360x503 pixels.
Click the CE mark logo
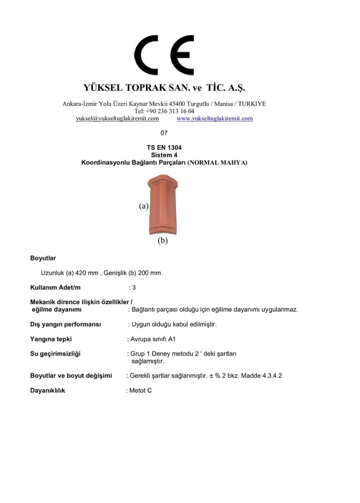click(x=164, y=56)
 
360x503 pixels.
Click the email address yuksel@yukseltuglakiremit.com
click(x=117, y=119)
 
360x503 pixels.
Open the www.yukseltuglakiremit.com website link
click(x=214, y=119)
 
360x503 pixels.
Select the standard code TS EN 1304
click(x=164, y=147)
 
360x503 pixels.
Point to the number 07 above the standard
click(x=164, y=133)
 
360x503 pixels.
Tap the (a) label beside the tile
click(x=143, y=206)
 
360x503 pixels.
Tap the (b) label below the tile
click(x=162, y=240)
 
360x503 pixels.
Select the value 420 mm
click(x=87, y=273)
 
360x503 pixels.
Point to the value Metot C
click(x=140, y=390)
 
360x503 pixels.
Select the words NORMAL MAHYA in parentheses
click(x=219, y=163)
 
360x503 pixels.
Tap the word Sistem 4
click(x=164, y=155)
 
